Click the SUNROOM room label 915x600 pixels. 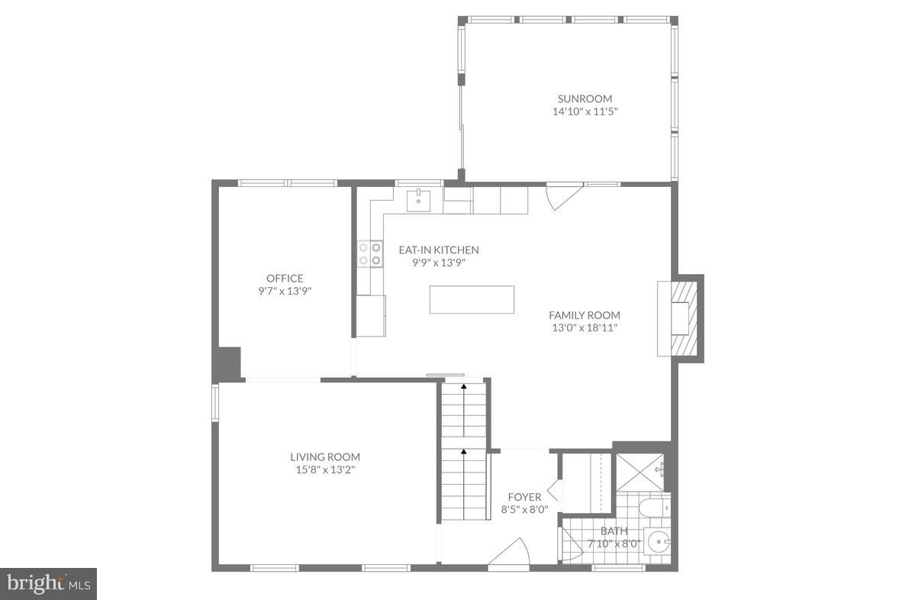pyautogui.click(x=585, y=98)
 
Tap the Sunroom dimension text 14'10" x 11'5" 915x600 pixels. pyautogui.click(x=585, y=111)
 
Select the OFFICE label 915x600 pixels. pyautogui.click(x=285, y=278)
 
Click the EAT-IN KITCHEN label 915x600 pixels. pyautogui.click(x=439, y=250)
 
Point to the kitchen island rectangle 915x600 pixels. pyautogui.click(x=472, y=299)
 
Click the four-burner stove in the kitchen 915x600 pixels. pyautogui.click(x=370, y=253)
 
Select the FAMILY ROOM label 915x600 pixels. pyautogui.click(x=585, y=315)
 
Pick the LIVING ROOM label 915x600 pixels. pyautogui.click(x=325, y=456)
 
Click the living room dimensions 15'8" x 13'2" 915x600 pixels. pyautogui.click(x=325, y=470)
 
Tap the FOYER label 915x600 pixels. pyautogui.click(x=524, y=497)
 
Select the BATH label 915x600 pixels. pyautogui.click(x=614, y=531)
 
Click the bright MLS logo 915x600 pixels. pyautogui.click(x=47, y=584)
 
